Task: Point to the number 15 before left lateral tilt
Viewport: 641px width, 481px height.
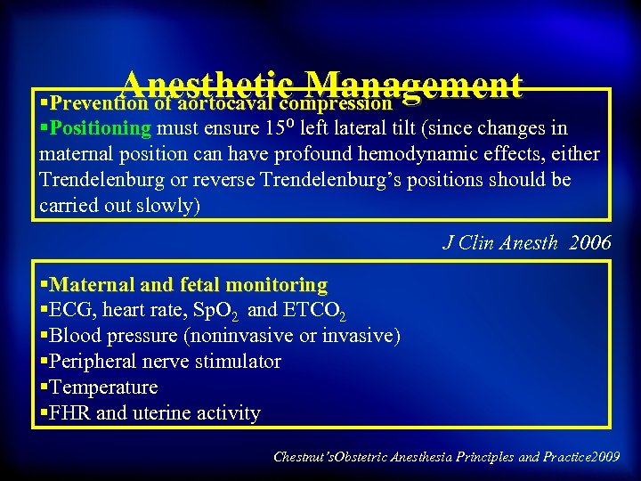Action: tap(275, 128)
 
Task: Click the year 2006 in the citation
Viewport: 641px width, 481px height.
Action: tap(588, 241)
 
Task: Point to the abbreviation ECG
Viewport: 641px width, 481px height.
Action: tap(69, 310)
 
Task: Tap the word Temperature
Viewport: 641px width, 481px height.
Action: tap(104, 387)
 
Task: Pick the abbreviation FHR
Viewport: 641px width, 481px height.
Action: tap(70, 413)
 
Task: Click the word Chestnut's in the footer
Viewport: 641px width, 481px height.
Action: tap(302, 457)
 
